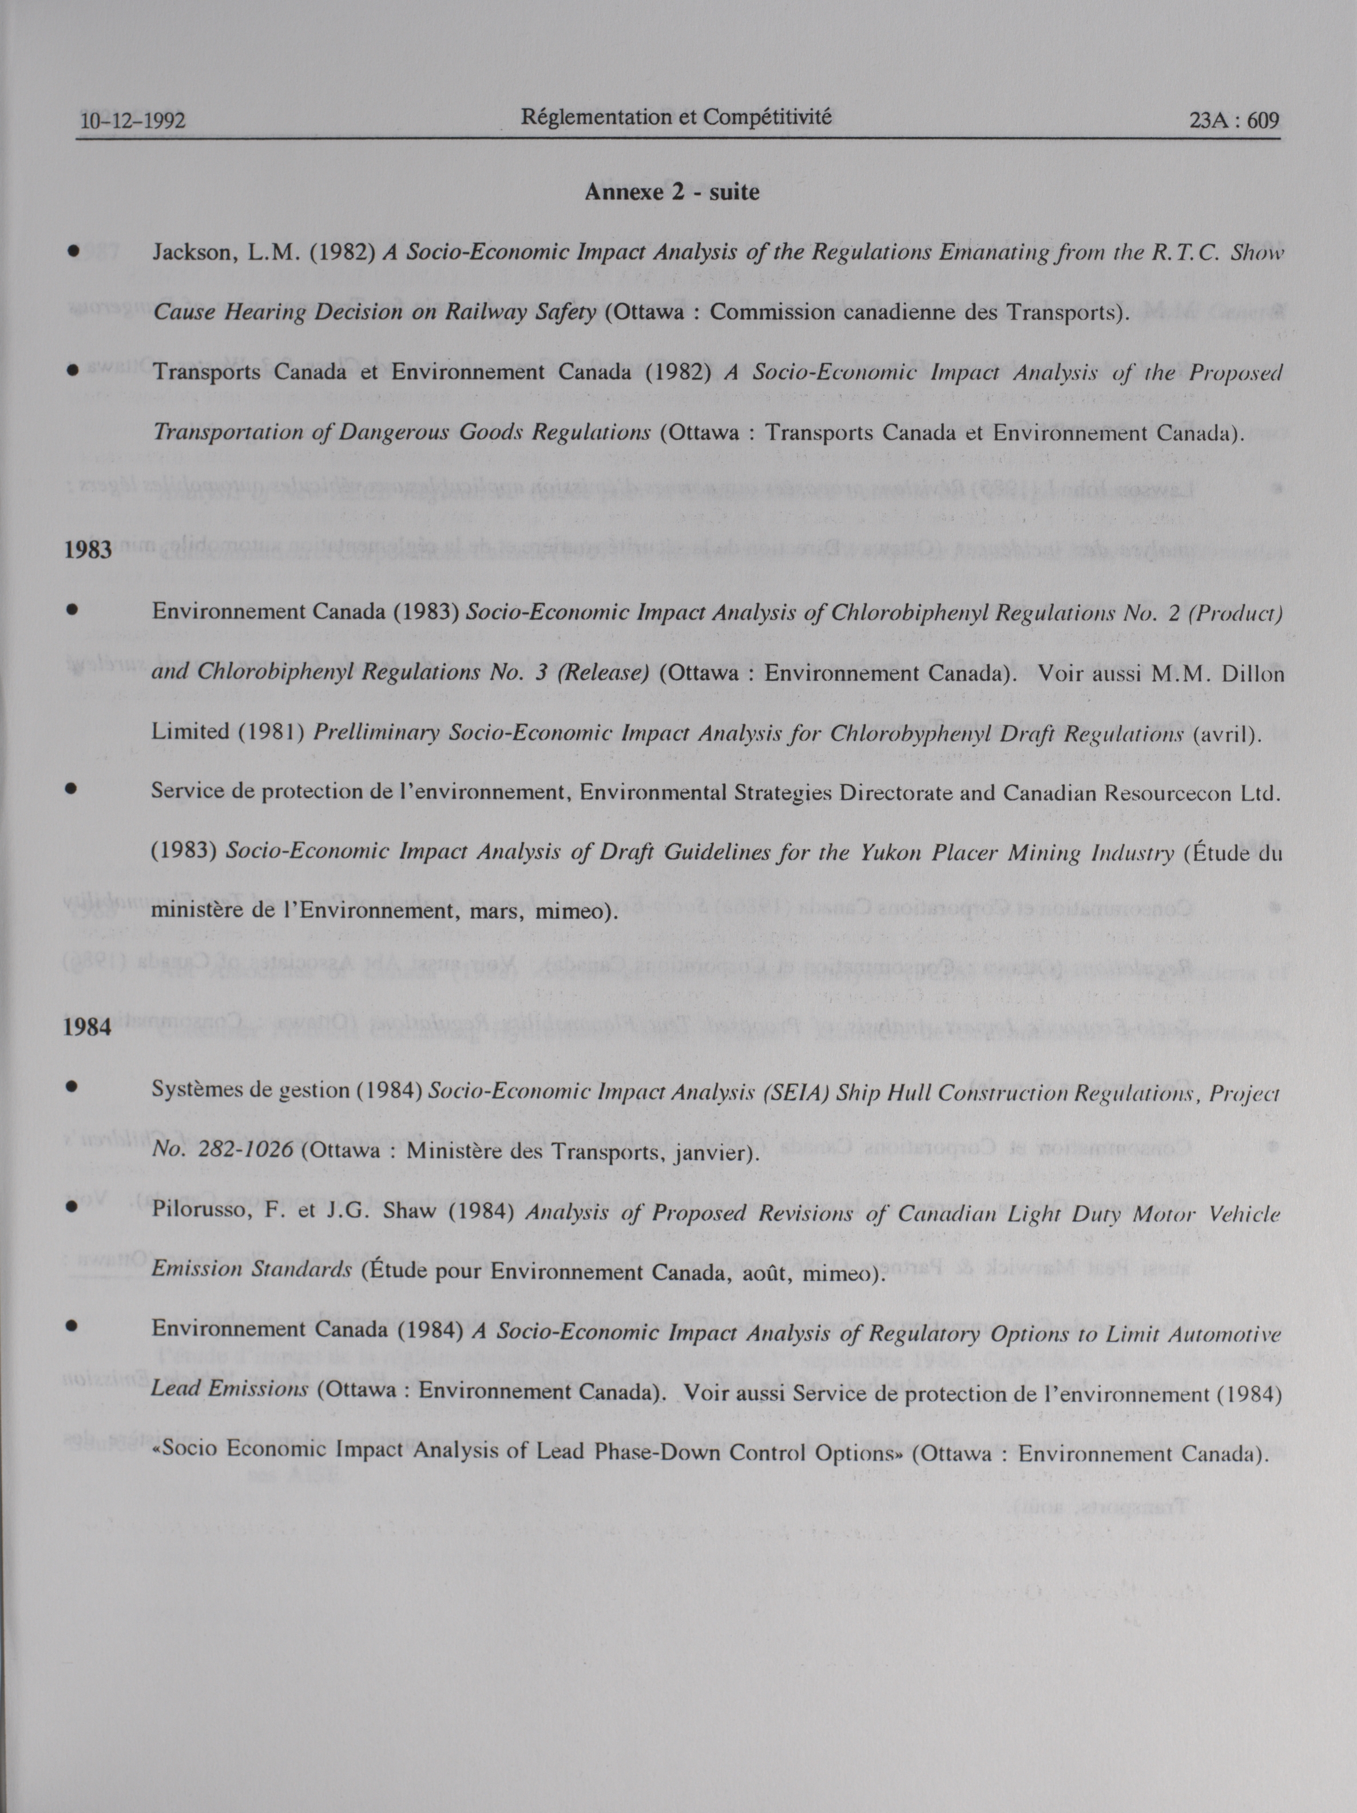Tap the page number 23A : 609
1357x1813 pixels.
(1233, 121)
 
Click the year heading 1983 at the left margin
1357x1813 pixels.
(88, 549)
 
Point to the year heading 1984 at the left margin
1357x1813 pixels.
(87, 1027)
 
